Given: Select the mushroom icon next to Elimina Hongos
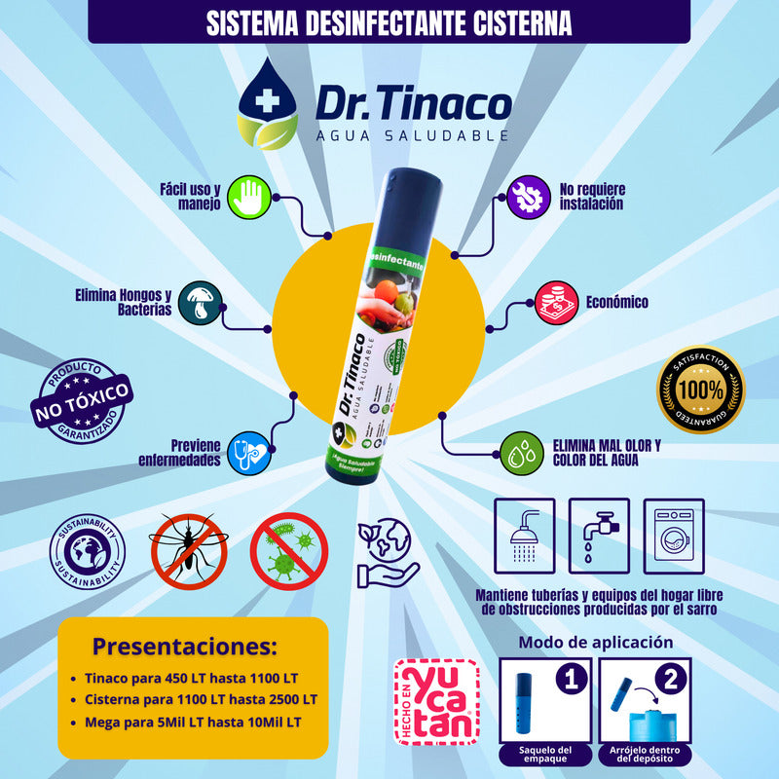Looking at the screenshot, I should coord(203,302).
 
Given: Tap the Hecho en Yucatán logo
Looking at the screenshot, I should coord(435,702).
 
